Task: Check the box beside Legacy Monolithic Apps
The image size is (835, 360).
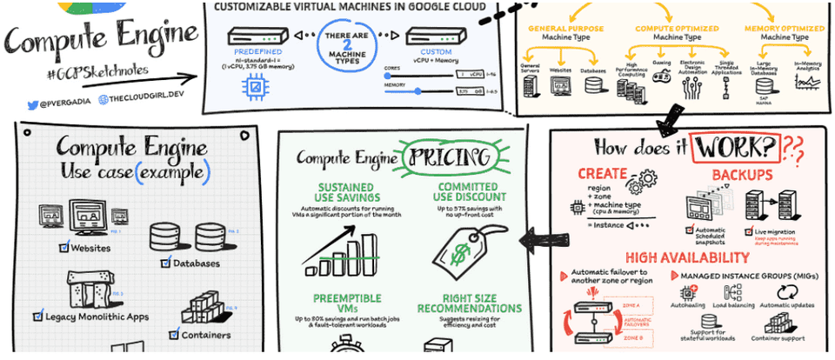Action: (x=37, y=316)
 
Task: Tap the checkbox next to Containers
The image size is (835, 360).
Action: (x=174, y=334)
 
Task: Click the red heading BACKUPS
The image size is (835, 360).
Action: (x=743, y=175)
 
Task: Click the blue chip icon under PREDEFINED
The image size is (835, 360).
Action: (x=256, y=86)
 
